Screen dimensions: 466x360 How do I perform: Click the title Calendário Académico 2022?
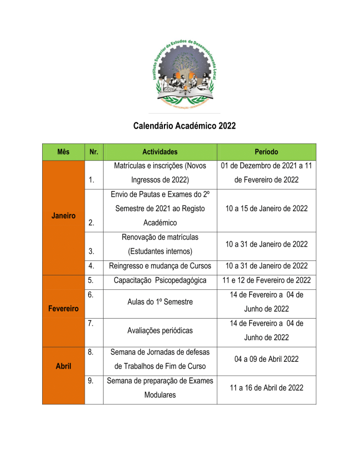pyautogui.click(x=184, y=126)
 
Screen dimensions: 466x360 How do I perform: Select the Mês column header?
pyautogui.click(x=63, y=152)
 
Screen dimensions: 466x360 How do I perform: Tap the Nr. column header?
pyautogui.click(x=93, y=152)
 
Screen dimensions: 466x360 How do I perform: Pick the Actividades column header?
pyautogui.click(x=160, y=152)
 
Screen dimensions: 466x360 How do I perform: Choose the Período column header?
pyautogui.click(x=266, y=152)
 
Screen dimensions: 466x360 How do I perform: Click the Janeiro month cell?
pyautogui.click(x=63, y=216)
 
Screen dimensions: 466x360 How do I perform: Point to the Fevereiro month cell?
pyautogui.click(x=63, y=308)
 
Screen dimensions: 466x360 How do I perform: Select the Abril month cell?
pyautogui.click(x=63, y=366)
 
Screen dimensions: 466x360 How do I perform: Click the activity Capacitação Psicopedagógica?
pyautogui.click(x=160, y=280)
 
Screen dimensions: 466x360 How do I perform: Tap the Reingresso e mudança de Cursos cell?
pyautogui.click(x=160, y=265)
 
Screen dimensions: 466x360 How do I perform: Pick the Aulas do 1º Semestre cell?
pyautogui.click(x=160, y=303)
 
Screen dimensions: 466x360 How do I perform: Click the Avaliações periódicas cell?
pyautogui.click(x=160, y=330)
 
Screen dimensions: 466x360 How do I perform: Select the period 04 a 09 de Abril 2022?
pyautogui.click(x=266, y=359)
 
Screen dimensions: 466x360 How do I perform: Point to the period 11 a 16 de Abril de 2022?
pyautogui.click(x=266, y=388)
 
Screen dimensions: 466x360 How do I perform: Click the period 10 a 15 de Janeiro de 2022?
pyautogui.click(x=266, y=208)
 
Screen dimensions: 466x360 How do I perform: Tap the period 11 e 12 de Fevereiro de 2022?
pyautogui.click(x=266, y=280)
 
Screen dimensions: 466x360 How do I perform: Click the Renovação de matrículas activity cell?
pyautogui.click(x=160, y=244)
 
